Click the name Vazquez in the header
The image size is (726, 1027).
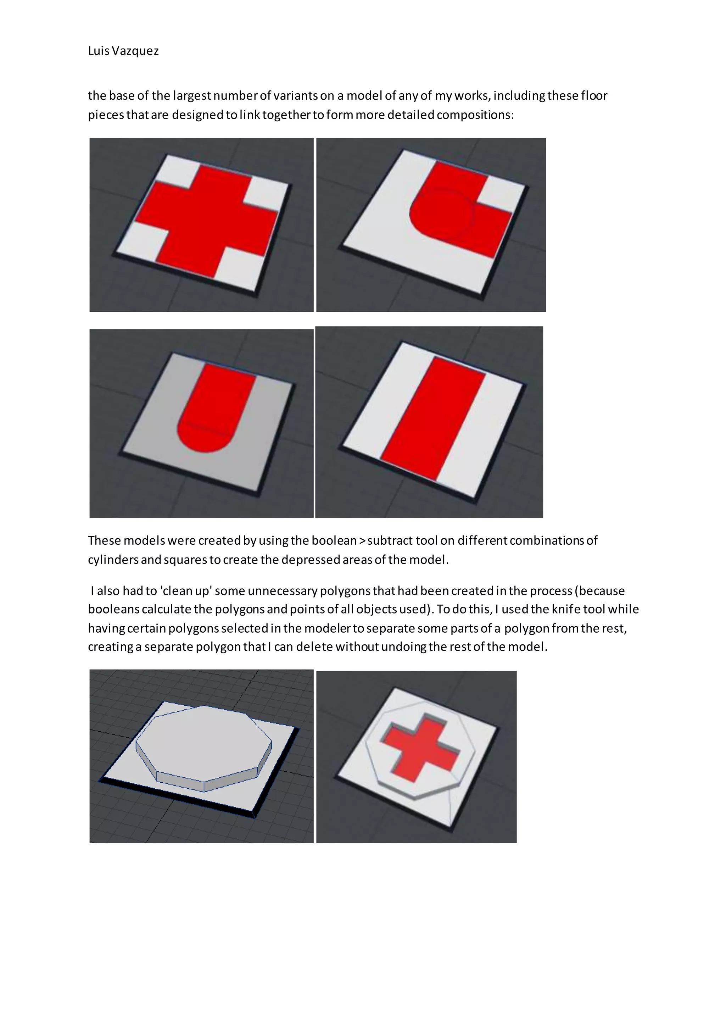click(x=135, y=51)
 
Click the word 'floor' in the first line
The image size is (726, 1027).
click(x=594, y=96)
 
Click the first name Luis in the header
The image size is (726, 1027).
click(x=98, y=51)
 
